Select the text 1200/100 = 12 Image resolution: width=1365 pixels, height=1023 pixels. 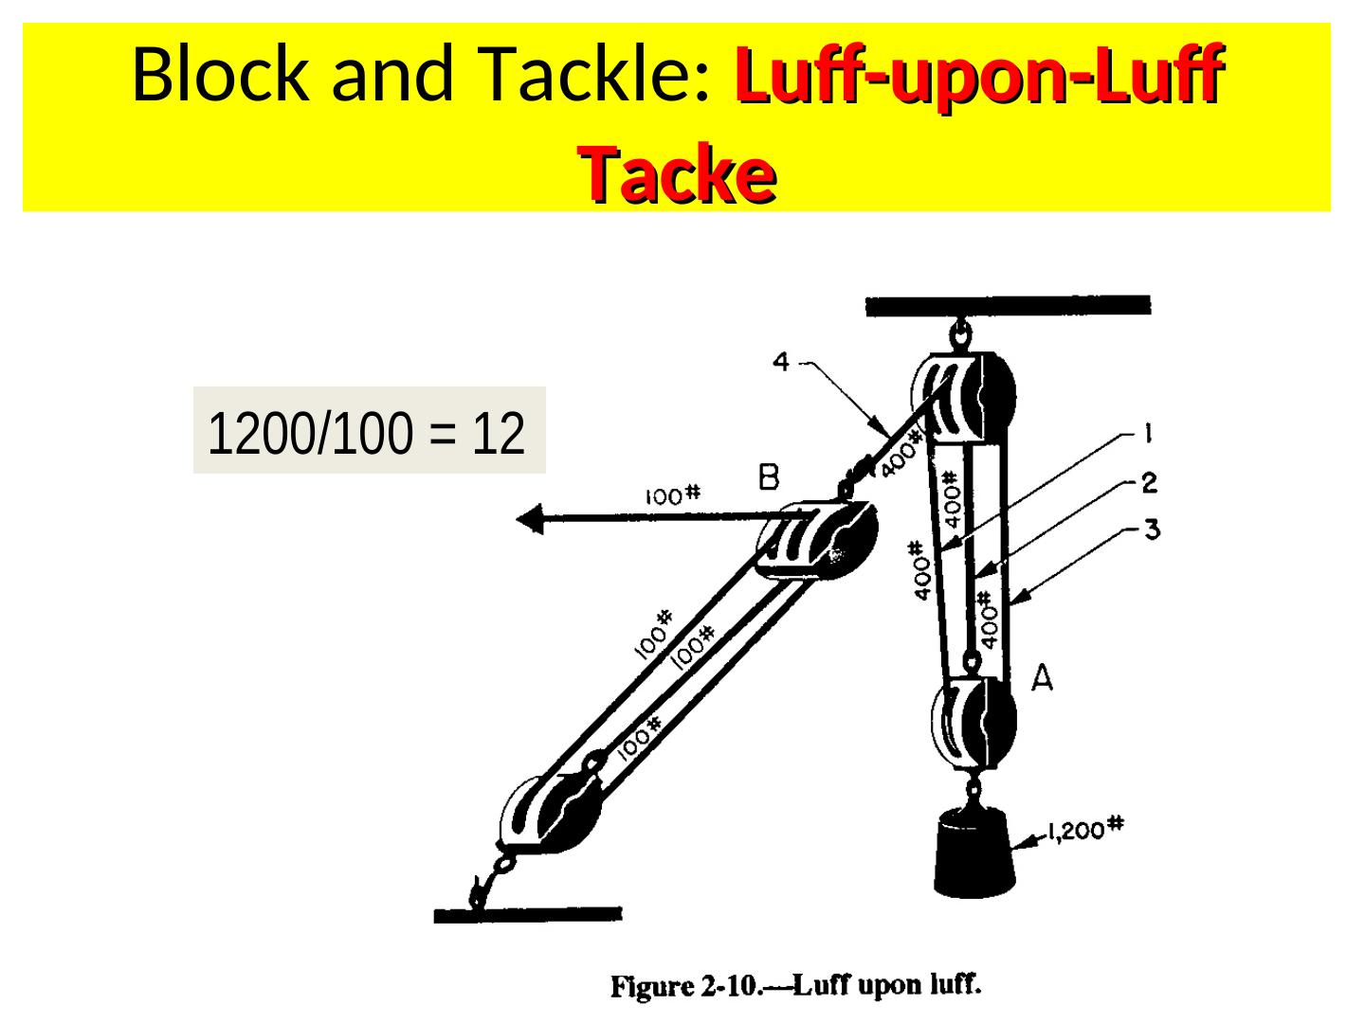367,433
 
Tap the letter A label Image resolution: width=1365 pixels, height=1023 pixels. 1042,678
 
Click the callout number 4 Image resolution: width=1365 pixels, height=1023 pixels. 781,362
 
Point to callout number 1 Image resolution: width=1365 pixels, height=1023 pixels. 1147,435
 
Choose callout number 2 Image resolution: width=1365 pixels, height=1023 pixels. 1149,483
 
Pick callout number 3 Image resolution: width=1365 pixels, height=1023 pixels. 1151,529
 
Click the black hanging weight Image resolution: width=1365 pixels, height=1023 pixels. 974,852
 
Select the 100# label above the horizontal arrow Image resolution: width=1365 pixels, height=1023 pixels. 672,494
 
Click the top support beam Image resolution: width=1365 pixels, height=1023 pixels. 1008,305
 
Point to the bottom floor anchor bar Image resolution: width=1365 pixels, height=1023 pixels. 528,915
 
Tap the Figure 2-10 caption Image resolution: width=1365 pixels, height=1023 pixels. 795,986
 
